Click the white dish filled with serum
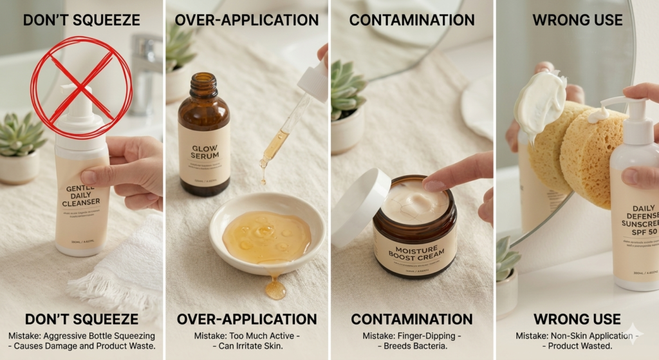pos(266,238)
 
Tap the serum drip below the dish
pos(275,288)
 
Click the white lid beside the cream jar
pos(359,207)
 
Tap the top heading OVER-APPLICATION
pos(247,20)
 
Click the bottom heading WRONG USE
pos(577,319)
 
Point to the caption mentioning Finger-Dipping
pos(412,341)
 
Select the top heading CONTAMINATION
pos(412,20)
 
